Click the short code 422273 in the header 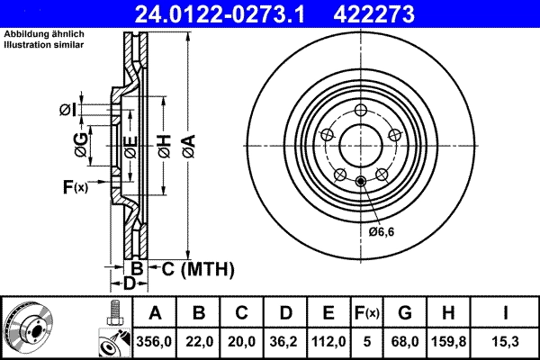point(412,13)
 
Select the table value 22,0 point(200,342)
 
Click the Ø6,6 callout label point(382,231)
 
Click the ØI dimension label point(67,110)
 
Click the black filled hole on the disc point(361,183)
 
